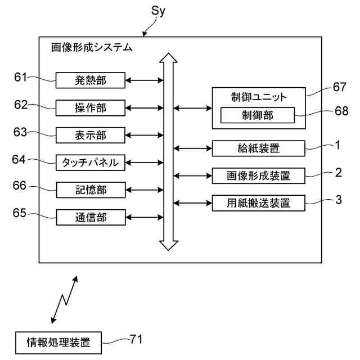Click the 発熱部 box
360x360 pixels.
coord(91,80)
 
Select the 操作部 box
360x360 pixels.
coord(91,107)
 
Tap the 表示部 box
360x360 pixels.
coord(91,135)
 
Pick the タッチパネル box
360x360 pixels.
coord(91,163)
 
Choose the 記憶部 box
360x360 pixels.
coord(91,190)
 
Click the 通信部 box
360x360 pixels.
coord(91,217)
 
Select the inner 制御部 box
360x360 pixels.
coord(258,115)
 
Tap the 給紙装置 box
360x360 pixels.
coord(259,148)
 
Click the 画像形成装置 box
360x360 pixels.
coord(259,176)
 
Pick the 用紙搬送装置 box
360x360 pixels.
coord(259,203)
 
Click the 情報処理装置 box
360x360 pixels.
coord(58,343)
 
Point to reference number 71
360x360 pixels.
coord(136,339)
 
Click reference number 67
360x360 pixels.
coord(339,87)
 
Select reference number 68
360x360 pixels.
coord(341,111)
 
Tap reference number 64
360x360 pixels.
coord(19,159)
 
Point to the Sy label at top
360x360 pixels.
coord(158,11)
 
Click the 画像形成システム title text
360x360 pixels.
coord(92,47)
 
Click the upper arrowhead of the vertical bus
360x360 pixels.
coord(168,58)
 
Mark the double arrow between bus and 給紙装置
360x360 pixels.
coord(192,148)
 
